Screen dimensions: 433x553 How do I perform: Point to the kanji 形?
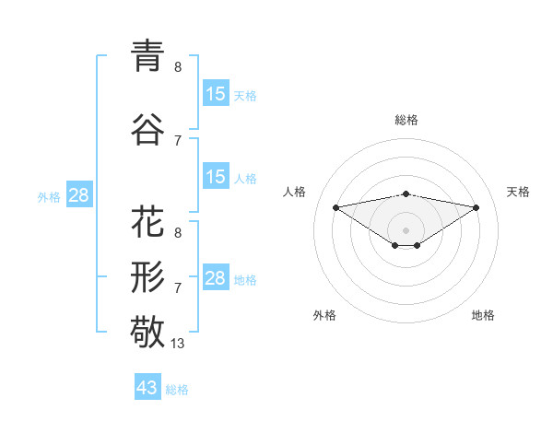tap(147, 275)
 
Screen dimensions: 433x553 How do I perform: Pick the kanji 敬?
tap(147, 331)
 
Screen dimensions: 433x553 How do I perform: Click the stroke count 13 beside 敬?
tap(178, 344)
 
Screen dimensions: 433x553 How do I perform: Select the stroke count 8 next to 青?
tap(178, 67)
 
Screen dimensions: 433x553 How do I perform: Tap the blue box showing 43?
tap(147, 388)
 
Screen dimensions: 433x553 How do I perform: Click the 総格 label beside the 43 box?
tap(177, 390)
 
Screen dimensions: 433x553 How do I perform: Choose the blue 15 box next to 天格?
tap(216, 94)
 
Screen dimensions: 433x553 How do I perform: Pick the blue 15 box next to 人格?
tap(216, 177)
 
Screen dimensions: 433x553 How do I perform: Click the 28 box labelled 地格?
tap(216, 278)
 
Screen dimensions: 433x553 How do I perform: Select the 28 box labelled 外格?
tap(78, 195)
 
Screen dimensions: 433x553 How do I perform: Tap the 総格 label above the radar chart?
tap(406, 120)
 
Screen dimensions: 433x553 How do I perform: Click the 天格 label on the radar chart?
tap(518, 192)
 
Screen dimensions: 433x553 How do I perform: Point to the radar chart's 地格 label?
tap(483, 315)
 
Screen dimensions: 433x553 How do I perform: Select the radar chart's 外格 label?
tap(324, 315)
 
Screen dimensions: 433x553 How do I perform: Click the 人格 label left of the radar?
tap(295, 192)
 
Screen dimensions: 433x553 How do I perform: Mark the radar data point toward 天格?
tap(477, 207)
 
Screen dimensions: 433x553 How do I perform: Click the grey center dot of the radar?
tap(406, 229)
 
